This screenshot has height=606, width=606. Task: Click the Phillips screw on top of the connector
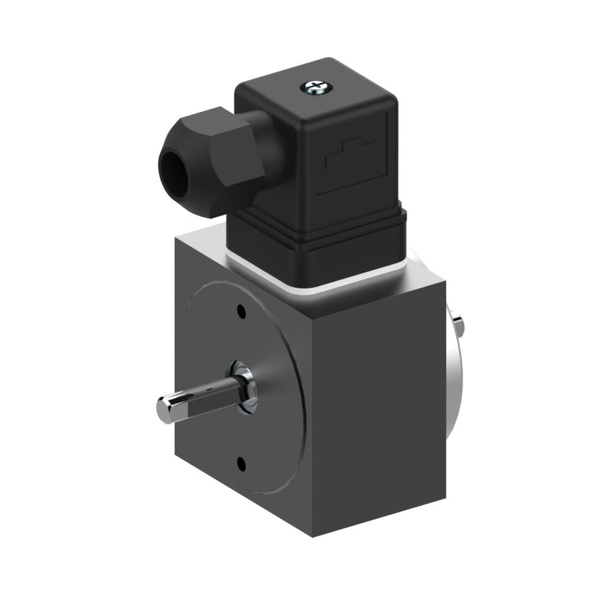314,88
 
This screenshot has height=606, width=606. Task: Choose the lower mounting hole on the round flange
241,463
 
